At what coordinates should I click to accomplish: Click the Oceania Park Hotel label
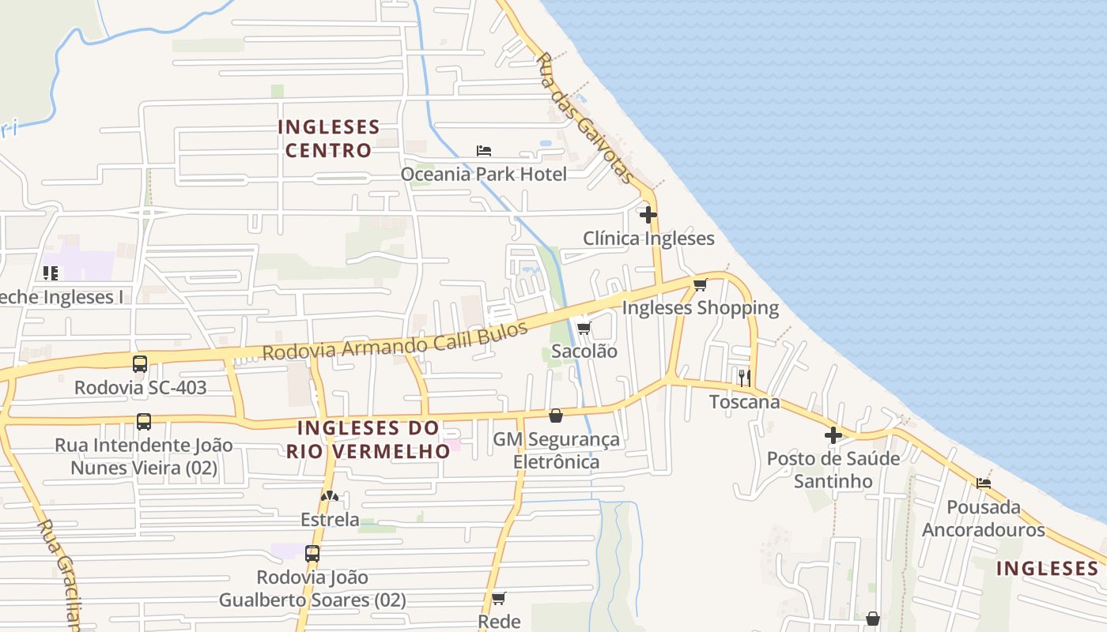click(483, 174)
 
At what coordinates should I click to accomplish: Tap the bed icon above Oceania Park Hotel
click(484, 150)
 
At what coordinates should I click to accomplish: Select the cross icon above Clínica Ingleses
click(648, 214)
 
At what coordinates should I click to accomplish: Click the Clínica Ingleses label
click(648, 239)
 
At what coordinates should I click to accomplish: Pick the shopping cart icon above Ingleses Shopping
click(700, 284)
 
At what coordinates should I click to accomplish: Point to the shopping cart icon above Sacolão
click(584, 328)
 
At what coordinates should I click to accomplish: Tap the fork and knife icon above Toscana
click(744, 378)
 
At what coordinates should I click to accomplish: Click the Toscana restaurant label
click(744, 402)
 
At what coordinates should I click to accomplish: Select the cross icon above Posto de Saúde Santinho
click(833, 435)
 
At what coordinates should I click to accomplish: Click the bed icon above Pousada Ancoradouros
click(984, 483)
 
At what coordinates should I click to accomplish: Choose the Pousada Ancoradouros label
click(984, 518)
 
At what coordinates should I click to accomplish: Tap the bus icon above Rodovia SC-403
click(140, 364)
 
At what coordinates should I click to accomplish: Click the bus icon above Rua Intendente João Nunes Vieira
click(143, 422)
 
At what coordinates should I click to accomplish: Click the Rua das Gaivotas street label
click(584, 118)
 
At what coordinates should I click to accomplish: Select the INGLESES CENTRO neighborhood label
click(328, 138)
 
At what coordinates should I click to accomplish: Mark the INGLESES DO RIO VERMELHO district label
click(368, 439)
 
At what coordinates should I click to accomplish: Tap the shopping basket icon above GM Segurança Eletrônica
click(556, 416)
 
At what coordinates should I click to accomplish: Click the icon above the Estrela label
click(330, 496)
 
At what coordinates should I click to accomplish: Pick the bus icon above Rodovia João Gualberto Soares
click(312, 554)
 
